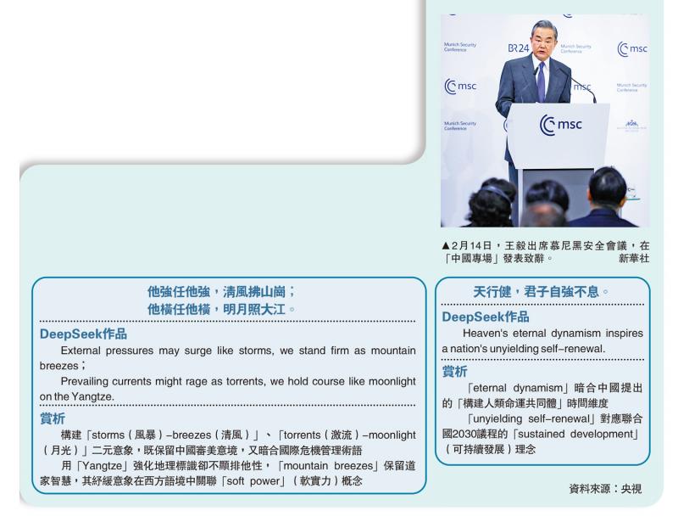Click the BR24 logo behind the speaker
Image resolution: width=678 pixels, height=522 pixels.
(x=519, y=48)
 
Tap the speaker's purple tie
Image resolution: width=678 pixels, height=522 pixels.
(x=541, y=81)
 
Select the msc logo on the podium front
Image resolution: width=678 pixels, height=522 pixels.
(x=560, y=125)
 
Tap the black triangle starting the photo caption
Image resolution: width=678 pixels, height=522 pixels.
(x=446, y=246)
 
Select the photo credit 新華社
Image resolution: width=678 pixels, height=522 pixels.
(x=634, y=259)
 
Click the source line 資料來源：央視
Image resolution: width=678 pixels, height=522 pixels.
(x=605, y=489)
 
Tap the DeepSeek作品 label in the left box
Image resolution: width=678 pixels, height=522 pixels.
(x=83, y=334)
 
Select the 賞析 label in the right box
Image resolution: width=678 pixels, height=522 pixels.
(x=454, y=372)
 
